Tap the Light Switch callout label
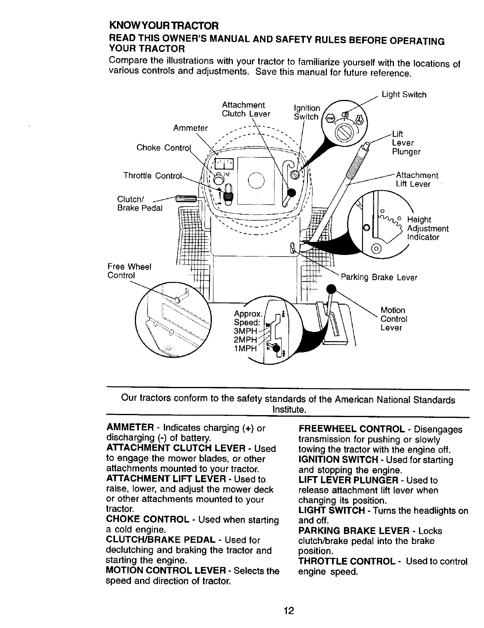click(403, 95)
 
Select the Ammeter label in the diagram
click(190, 128)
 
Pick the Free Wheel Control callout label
click(129, 271)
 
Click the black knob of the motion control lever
click(330, 289)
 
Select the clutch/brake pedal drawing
click(186, 198)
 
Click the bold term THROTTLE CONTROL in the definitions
click(347, 562)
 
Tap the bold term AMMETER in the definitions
click(130, 428)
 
